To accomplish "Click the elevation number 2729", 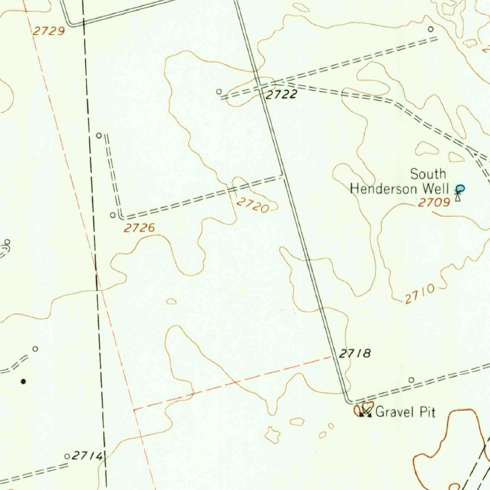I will [49, 32].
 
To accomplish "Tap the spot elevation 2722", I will [281, 95].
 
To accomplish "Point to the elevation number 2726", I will [139, 228].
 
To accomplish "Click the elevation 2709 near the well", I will [434, 203].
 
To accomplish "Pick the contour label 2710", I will [420, 294].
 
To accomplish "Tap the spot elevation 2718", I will [355, 354].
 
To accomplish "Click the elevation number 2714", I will [87, 457].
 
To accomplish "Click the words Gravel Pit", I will [406, 412].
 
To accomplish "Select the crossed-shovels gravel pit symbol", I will [366, 411].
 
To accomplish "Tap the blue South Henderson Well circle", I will [460, 189].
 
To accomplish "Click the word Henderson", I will [383, 189].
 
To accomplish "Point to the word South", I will [428, 174].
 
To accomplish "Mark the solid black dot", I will [23, 381].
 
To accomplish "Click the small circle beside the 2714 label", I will [67, 457].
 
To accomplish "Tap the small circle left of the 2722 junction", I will [219, 91].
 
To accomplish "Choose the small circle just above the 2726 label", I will [113, 215].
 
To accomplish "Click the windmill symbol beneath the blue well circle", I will [458, 196].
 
